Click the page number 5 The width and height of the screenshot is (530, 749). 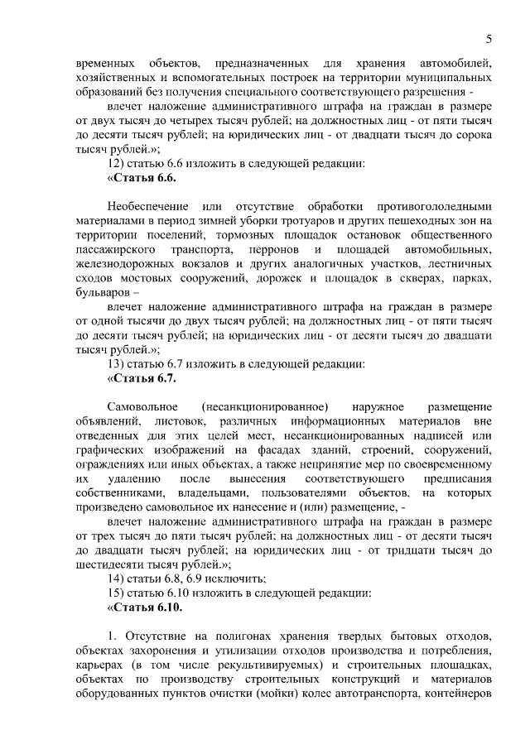pyautogui.click(x=489, y=39)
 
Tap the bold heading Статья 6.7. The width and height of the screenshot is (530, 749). pyautogui.click(x=143, y=378)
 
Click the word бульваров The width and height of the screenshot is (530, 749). pyautogui.click(x=100, y=293)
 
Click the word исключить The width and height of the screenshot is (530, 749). pyautogui.click(x=241, y=579)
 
